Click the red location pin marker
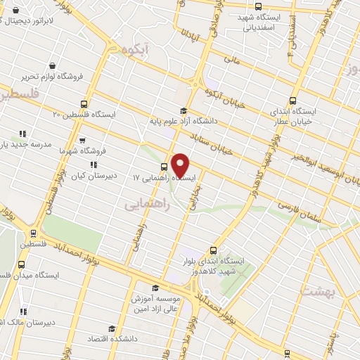[180, 165]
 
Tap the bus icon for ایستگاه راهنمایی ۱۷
[164, 167]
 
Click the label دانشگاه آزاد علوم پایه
[184, 121]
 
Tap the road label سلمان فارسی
[299, 213]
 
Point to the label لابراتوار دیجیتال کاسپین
[42, 21]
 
